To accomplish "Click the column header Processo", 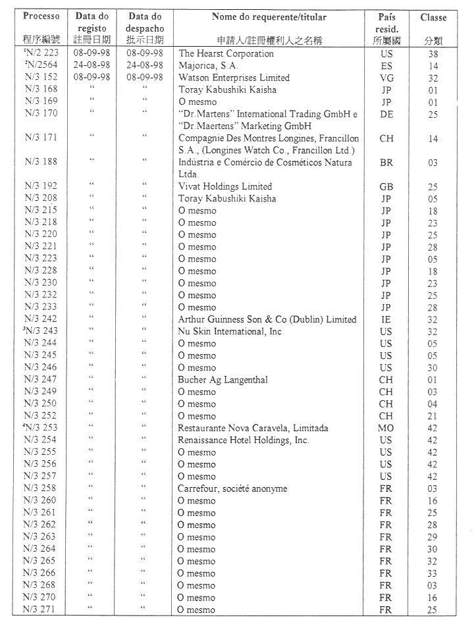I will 41,16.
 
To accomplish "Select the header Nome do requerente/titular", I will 269,16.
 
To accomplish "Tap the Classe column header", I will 433,17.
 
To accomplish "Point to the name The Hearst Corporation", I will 226,53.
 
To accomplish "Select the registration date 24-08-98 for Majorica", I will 92,65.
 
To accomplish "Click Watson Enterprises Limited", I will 234,78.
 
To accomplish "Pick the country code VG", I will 386,78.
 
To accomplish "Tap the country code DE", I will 386,114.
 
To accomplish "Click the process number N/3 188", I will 41,162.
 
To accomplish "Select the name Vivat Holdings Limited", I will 225,186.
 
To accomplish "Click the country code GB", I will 386,186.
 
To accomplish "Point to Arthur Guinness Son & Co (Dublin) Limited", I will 267,319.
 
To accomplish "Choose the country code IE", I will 386,319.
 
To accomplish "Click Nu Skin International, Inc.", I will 230,331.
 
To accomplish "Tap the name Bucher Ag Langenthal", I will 223,380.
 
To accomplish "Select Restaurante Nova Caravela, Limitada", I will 253,428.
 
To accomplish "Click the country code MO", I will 386,428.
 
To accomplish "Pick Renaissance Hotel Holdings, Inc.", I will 243,440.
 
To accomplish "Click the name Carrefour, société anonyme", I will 232,488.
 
